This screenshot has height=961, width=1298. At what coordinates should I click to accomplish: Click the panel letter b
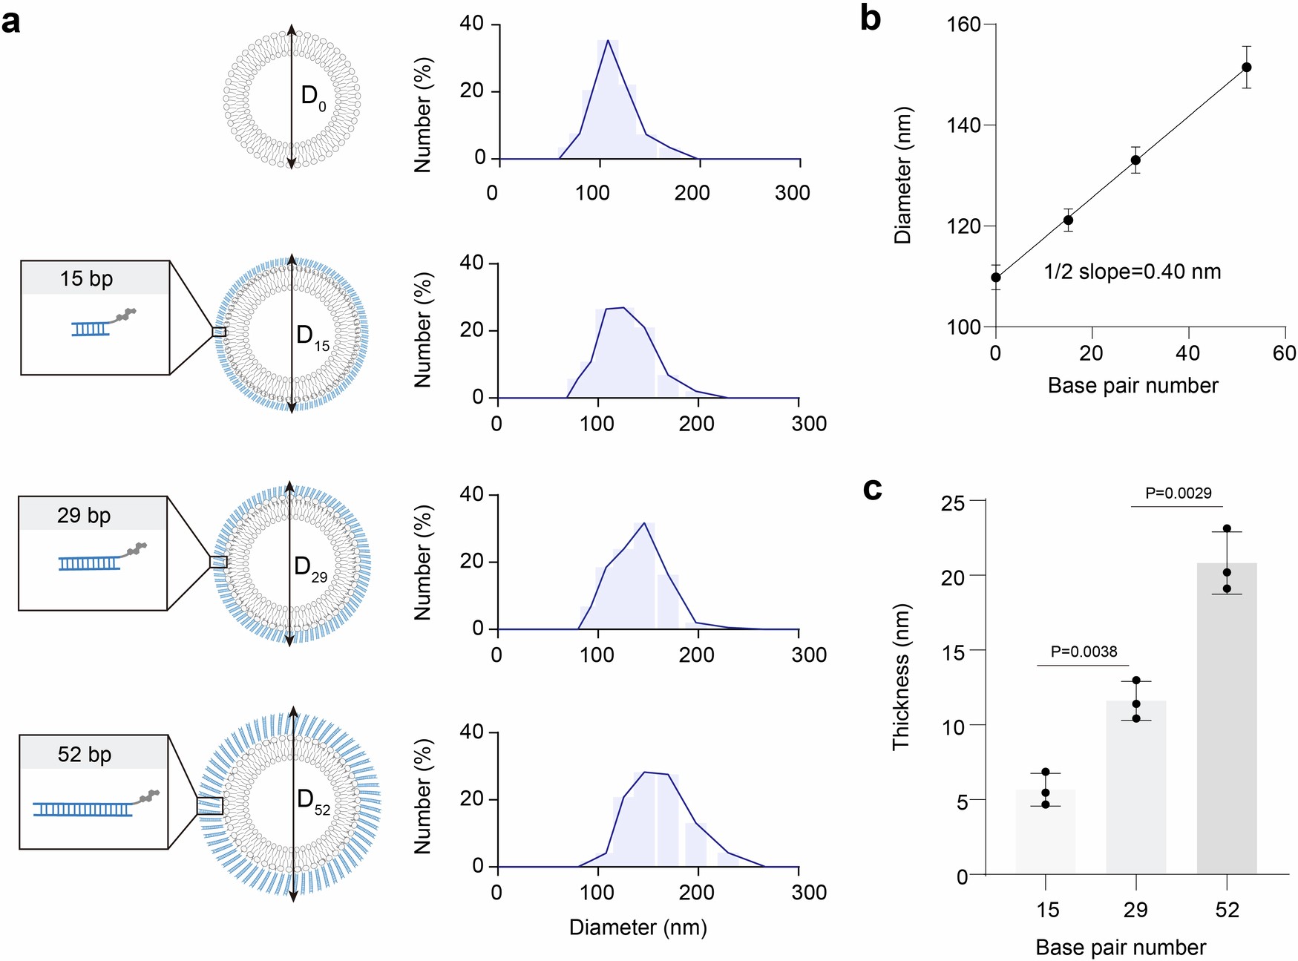coord(870,18)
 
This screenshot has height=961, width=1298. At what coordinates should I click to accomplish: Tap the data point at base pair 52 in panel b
coord(1247,68)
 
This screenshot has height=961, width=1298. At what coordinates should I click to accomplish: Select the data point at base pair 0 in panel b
coord(996,278)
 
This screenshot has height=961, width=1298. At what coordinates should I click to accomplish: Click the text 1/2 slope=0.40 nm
coord(1132,272)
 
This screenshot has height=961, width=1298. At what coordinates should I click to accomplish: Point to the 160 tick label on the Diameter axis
coord(964,25)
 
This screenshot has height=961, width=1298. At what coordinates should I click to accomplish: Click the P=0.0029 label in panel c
coord(1178,493)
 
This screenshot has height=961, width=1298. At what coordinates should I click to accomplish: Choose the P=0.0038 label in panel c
coord(1084,652)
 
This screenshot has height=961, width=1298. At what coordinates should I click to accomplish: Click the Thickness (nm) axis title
coord(901,677)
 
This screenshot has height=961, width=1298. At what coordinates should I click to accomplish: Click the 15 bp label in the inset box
coord(86,279)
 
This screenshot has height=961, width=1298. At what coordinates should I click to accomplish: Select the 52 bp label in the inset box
coord(85,755)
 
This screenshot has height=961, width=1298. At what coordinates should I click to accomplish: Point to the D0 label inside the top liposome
coord(312,96)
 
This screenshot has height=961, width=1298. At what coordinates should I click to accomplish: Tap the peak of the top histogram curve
coord(608,41)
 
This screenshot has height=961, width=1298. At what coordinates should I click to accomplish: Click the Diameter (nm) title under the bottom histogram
coord(637,928)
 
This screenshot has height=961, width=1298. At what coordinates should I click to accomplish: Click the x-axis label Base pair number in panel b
coord(1133,386)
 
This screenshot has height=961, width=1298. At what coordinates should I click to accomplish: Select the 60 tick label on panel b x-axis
coord(1284,353)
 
